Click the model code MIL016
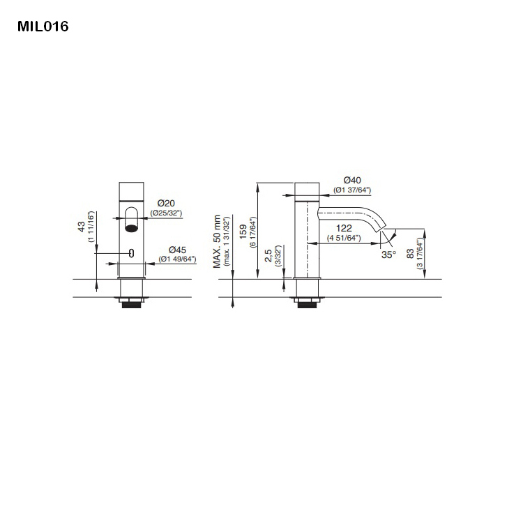click(x=43, y=27)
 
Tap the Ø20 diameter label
click(x=165, y=203)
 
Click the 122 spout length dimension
click(x=343, y=229)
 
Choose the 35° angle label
click(x=388, y=255)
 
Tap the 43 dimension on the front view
click(x=82, y=227)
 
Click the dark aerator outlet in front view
click(x=131, y=227)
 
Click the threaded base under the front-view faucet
click(x=131, y=303)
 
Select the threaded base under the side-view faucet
click(x=306, y=303)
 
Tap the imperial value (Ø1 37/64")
click(x=351, y=190)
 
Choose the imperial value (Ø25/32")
click(x=165, y=212)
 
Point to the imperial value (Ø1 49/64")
click(x=176, y=259)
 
